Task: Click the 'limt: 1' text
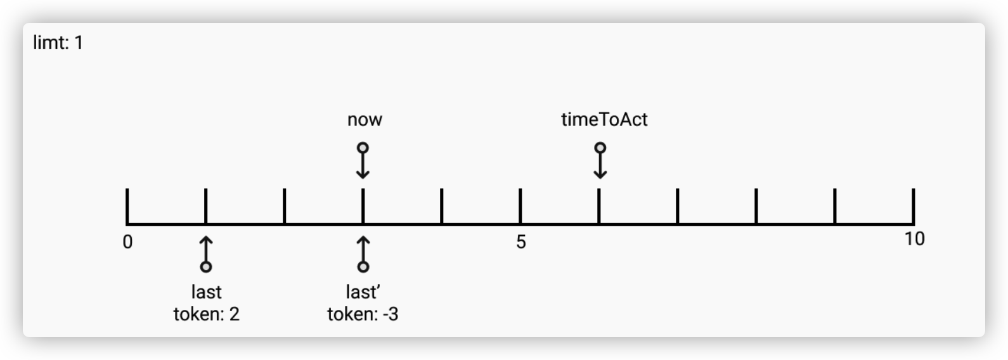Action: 58,42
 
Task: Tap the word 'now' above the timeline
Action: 365,120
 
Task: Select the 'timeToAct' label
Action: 604,120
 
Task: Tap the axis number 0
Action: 128,242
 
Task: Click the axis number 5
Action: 520,242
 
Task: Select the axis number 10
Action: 914,239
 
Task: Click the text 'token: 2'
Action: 207,314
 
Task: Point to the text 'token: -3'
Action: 363,314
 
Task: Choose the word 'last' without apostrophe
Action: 207,292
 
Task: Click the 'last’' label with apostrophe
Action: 363,292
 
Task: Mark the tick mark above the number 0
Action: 127,205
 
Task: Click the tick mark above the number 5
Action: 520,205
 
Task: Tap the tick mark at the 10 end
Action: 914,205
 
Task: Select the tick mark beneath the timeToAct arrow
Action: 599,205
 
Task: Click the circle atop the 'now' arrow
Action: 363,148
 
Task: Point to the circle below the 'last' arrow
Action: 206,267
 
